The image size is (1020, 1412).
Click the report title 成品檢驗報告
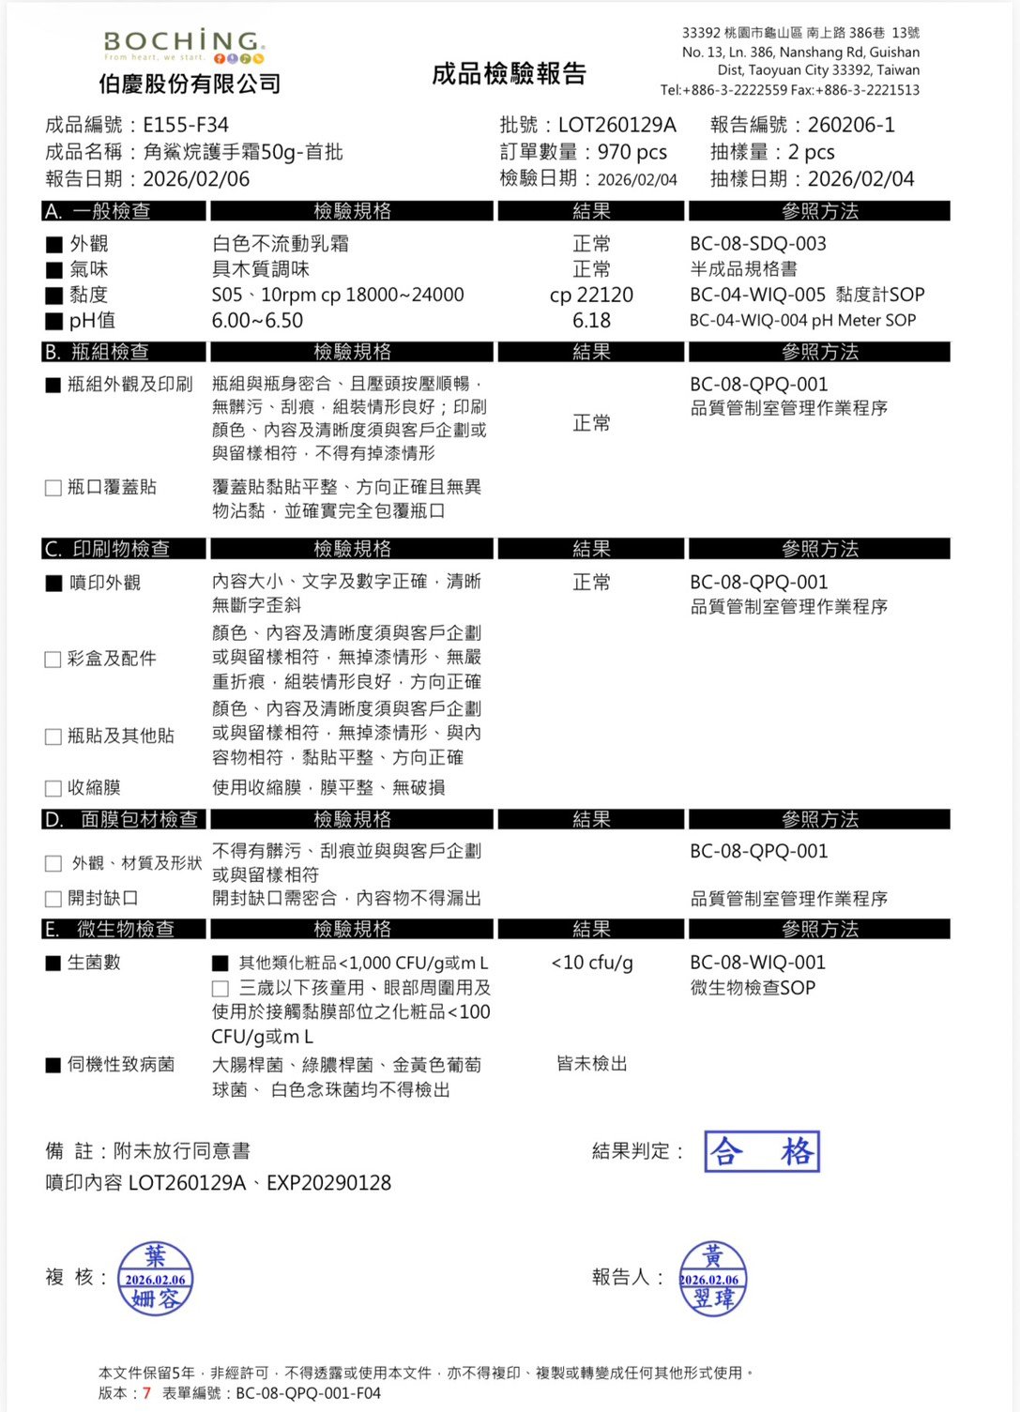point(509,74)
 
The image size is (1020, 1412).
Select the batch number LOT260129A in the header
point(617,125)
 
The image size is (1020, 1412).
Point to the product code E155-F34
point(186,125)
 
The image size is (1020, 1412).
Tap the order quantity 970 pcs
point(632,152)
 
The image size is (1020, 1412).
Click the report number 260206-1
point(851,125)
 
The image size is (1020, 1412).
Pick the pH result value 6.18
point(591,321)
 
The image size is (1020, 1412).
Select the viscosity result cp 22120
point(591,296)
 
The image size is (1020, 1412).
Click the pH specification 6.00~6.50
point(257,321)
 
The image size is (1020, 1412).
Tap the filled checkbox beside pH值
point(54,322)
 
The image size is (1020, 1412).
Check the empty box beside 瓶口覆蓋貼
point(53,488)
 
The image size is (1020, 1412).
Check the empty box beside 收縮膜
point(53,788)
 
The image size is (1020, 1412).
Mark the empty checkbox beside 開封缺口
point(53,899)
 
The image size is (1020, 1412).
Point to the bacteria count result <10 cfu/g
point(591,963)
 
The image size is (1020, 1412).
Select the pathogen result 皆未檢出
point(591,1064)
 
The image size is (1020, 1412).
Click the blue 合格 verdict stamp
point(762,1152)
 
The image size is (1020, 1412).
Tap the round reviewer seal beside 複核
point(155,1279)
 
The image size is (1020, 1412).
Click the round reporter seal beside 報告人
point(712,1279)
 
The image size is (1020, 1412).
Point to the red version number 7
point(146,1393)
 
